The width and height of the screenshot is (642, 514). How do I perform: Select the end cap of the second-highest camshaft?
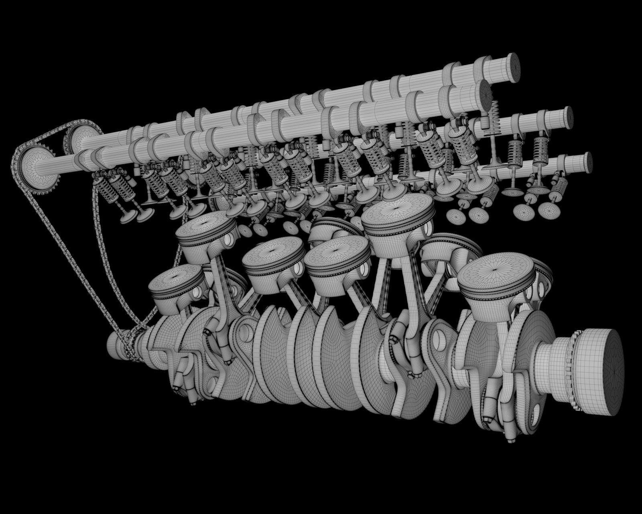pyautogui.click(x=486, y=93)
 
